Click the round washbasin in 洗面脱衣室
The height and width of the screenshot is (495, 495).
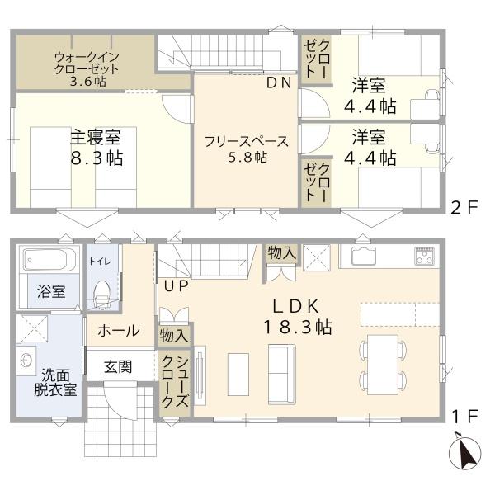(x=26, y=360)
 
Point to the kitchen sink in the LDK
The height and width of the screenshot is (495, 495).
(x=365, y=256)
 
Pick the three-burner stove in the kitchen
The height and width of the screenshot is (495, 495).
(x=425, y=255)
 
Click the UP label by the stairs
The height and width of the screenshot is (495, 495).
(x=177, y=285)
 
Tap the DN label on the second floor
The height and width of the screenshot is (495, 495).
(x=279, y=83)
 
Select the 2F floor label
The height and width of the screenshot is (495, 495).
(x=464, y=208)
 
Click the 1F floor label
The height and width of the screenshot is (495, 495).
(x=465, y=417)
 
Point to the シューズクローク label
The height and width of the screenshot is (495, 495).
(x=175, y=382)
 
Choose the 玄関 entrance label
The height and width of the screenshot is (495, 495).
(x=118, y=367)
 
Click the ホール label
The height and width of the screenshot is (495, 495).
(x=119, y=331)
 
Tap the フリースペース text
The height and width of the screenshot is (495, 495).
(x=246, y=141)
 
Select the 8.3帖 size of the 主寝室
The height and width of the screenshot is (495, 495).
(x=97, y=158)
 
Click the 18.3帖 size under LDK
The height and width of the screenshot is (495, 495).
(x=297, y=327)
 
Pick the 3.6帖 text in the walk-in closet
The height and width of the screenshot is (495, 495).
(x=87, y=82)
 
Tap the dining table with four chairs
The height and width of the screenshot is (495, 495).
(x=383, y=365)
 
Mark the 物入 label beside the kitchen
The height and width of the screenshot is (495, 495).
(x=281, y=253)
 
